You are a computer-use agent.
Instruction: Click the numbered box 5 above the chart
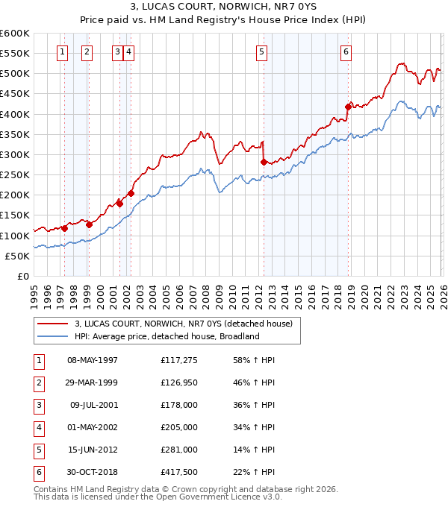coord(262,51)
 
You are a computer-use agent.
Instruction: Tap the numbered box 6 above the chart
coord(346,51)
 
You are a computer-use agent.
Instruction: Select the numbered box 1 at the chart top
coord(62,51)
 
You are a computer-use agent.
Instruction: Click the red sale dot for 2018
coord(348,107)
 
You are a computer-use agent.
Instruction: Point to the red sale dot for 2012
coord(264,162)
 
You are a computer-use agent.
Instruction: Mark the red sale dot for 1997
coord(64,228)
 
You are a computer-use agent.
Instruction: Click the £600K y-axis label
coord(15,34)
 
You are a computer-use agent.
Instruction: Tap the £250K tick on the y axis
coord(15,175)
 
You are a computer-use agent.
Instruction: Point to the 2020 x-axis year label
coord(364,297)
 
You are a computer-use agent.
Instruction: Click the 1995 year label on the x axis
coord(34,297)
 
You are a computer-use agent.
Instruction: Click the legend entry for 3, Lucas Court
coord(187,323)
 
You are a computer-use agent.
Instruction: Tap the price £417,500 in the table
coord(179,472)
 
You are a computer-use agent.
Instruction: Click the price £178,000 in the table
coord(179,405)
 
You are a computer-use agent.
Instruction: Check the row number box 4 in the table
coord(37,427)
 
